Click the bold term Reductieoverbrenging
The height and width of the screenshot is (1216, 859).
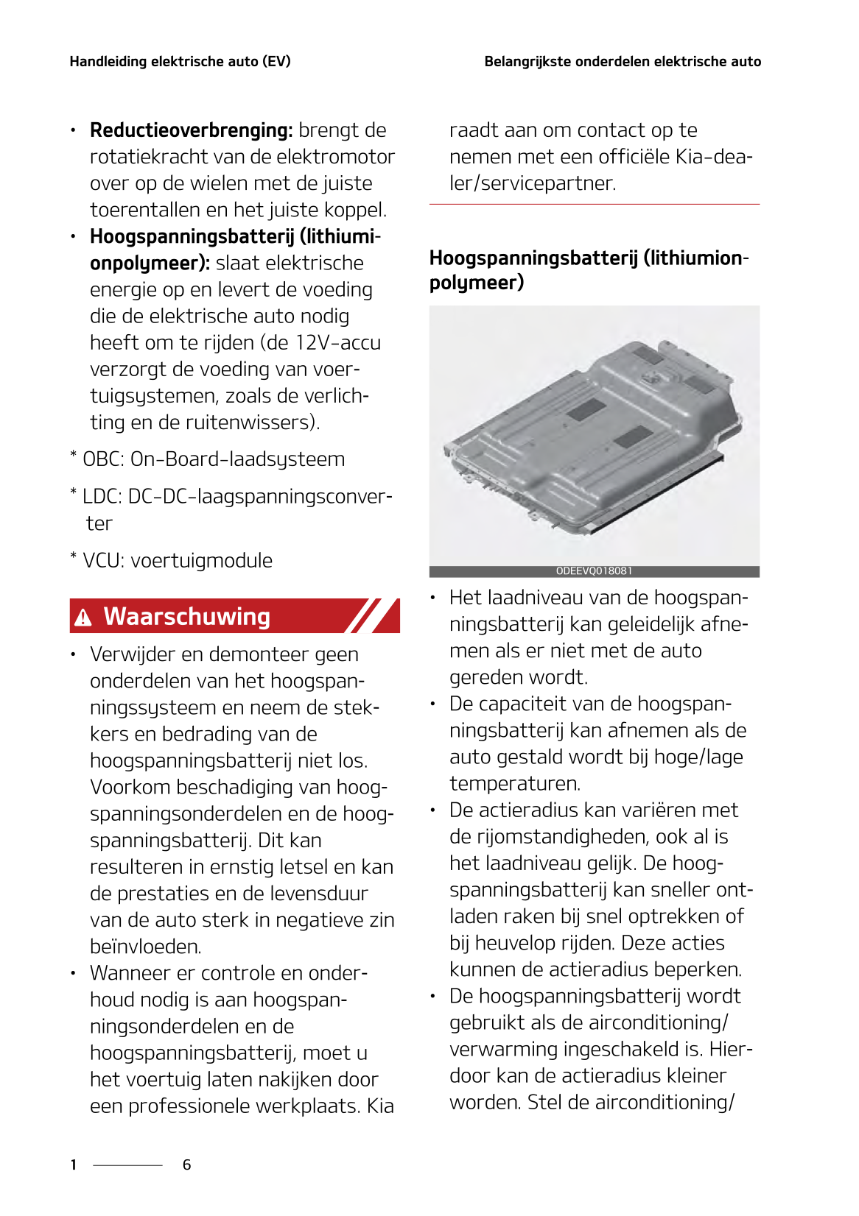(190, 130)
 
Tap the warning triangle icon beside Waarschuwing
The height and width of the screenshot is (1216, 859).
(83, 618)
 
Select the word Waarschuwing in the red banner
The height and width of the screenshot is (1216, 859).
(187, 616)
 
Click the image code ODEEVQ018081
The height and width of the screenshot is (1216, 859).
(594, 571)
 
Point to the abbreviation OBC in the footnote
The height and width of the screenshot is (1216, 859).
(102, 459)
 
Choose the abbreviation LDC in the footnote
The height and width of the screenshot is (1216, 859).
(102, 497)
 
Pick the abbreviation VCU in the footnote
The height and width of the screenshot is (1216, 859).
(103, 561)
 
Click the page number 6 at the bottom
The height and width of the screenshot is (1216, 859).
(187, 1164)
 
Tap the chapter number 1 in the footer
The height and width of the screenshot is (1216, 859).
(74, 1164)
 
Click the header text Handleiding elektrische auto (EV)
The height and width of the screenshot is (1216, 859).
(180, 62)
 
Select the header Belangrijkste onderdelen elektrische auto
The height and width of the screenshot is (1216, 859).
(623, 62)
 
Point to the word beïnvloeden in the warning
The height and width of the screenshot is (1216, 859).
(145, 947)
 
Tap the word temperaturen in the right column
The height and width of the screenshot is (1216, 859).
(514, 784)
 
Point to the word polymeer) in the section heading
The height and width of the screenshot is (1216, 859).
(476, 283)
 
